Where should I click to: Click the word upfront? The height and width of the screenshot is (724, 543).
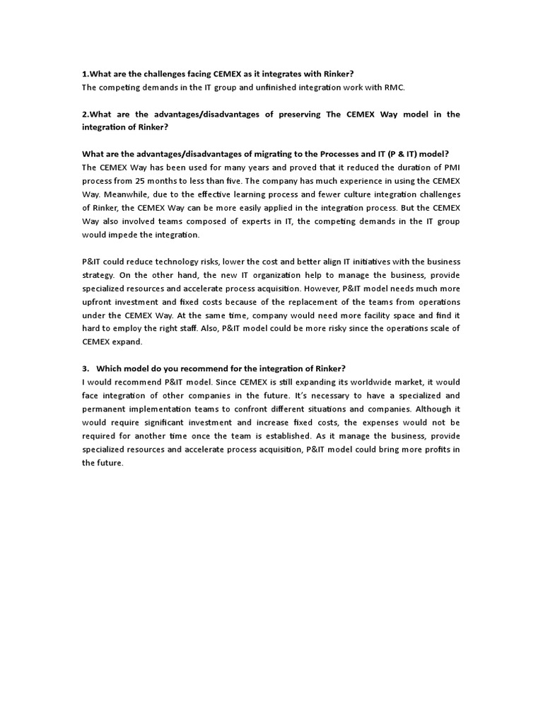coord(98,302)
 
